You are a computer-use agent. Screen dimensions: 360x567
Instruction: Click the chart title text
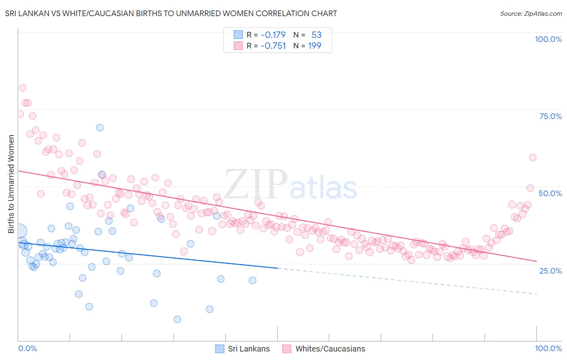(x=171, y=13)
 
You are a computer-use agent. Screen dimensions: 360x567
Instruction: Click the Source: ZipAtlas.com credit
(x=531, y=13)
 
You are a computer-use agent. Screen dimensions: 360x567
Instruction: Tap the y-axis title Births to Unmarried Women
(x=11, y=184)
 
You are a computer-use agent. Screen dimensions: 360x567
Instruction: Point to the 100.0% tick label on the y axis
(x=548, y=39)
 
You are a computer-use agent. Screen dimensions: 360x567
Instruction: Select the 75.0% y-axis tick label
(x=550, y=116)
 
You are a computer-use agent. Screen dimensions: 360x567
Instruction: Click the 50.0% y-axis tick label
(x=550, y=193)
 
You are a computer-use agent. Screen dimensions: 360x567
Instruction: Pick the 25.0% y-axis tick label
(x=550, y=270)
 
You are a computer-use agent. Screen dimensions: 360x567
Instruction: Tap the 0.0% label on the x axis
(x=27, y=348)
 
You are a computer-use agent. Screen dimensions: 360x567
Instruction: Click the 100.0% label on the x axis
(x=548, y=348)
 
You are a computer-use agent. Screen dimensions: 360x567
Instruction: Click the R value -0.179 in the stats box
(x=273, y=35)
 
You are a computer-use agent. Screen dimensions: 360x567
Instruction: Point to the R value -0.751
(x=273, y=46)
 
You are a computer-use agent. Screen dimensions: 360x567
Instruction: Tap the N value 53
(x=316, y=35)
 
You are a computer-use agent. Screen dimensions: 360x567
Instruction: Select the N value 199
(x=315, y=46)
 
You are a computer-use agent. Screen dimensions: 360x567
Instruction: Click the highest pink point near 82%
(x=23, y=88)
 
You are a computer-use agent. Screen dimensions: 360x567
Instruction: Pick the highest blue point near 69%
(x=100, y=128)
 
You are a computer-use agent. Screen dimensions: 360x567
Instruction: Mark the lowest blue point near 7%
(x=177, y=319)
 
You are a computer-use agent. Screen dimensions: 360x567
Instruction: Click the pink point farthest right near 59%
(x=533, y=157)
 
